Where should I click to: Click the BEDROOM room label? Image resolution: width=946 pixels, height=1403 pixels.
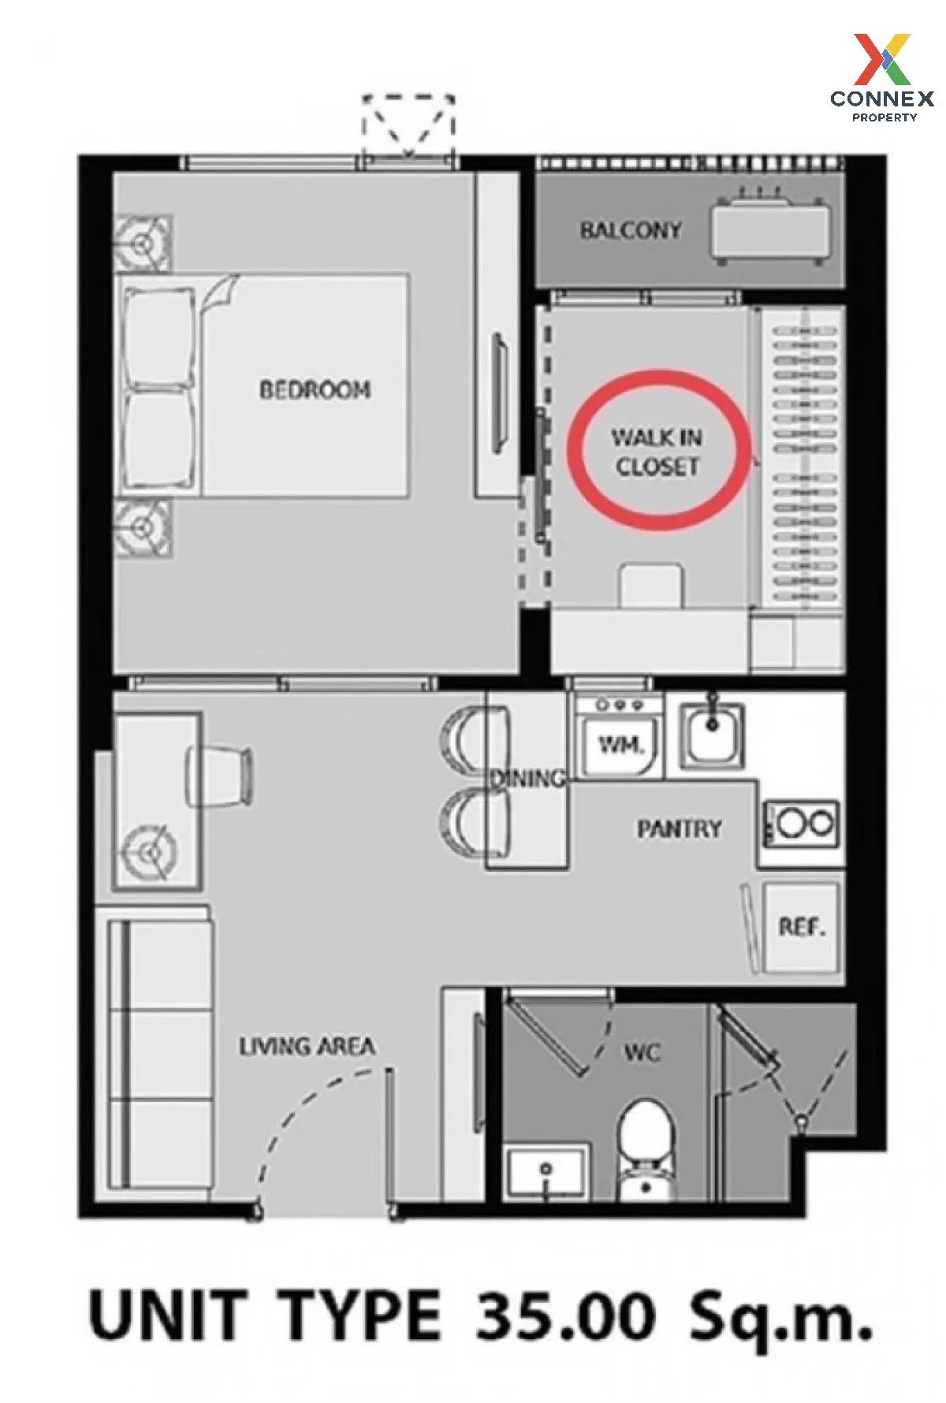pyautogui.click(x=315, y=389)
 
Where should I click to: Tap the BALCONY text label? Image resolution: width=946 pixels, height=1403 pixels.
pyautogui.click(x=631, y=230)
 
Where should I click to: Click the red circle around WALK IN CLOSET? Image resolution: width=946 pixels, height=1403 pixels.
pyautogui.click(x=658, y=451)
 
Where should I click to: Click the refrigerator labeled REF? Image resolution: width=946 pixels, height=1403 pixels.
pyautogui.click(x=801, y=927)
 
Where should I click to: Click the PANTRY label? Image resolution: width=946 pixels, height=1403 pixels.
pyautogui.click(x=680, y=828)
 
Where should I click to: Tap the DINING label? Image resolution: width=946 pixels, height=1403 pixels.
pyautogui.click(x=527, y=779)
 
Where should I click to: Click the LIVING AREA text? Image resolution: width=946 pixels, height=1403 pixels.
pyautogui.click(x=307, y=1047)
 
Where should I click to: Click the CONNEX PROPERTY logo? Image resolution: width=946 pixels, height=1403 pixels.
pyautogui.click(x=882, y=77)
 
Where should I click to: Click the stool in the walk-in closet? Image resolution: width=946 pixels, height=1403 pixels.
pyautogui.click(x=651, y=585)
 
